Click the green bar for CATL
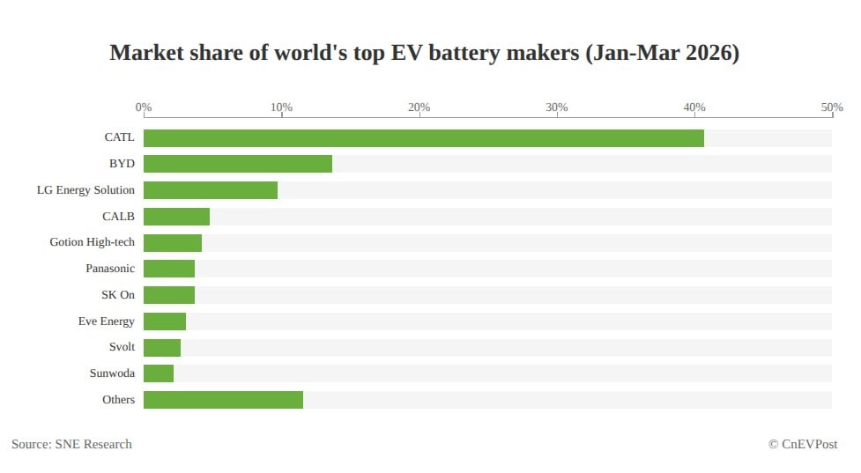pyautogui.click(x=423, y=138)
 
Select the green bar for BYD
pyautogui.click(x=238, y=164)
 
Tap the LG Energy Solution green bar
pyautogui.click(x=211, y=190)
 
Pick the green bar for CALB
pyautogui.click(x=177, y=216)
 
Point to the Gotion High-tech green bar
pyautogui.click(x=173, y=242)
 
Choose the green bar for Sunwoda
pyautogui.click(x=159, y=373)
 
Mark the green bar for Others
pyautogui.click(x=223, y=400)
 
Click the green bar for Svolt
pyautogui.click(x=162, y=347)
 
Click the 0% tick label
pyautogui.click(x=144, y=107)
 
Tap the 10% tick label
pyautogui.click(x=281, y=107)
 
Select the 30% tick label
pyautogui.click(x=556, y=107)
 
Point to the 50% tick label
pyautogui.click(x=832, y=107)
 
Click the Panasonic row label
pyautogui.click(x=110, y=269)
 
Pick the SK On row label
pyautogui.click(x=117, y=295)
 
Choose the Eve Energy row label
pyautogui.click(x=106, y=321)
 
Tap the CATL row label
pyautogui.click(x=119, y=137)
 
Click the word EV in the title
pyautogui.click(x=406, y=53)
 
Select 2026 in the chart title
pyautogui.click(x=709, y=53)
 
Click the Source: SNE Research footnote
pyautogui.click(x=71, y=444)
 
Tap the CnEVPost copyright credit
pyautogui.click(x=803, y=444)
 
